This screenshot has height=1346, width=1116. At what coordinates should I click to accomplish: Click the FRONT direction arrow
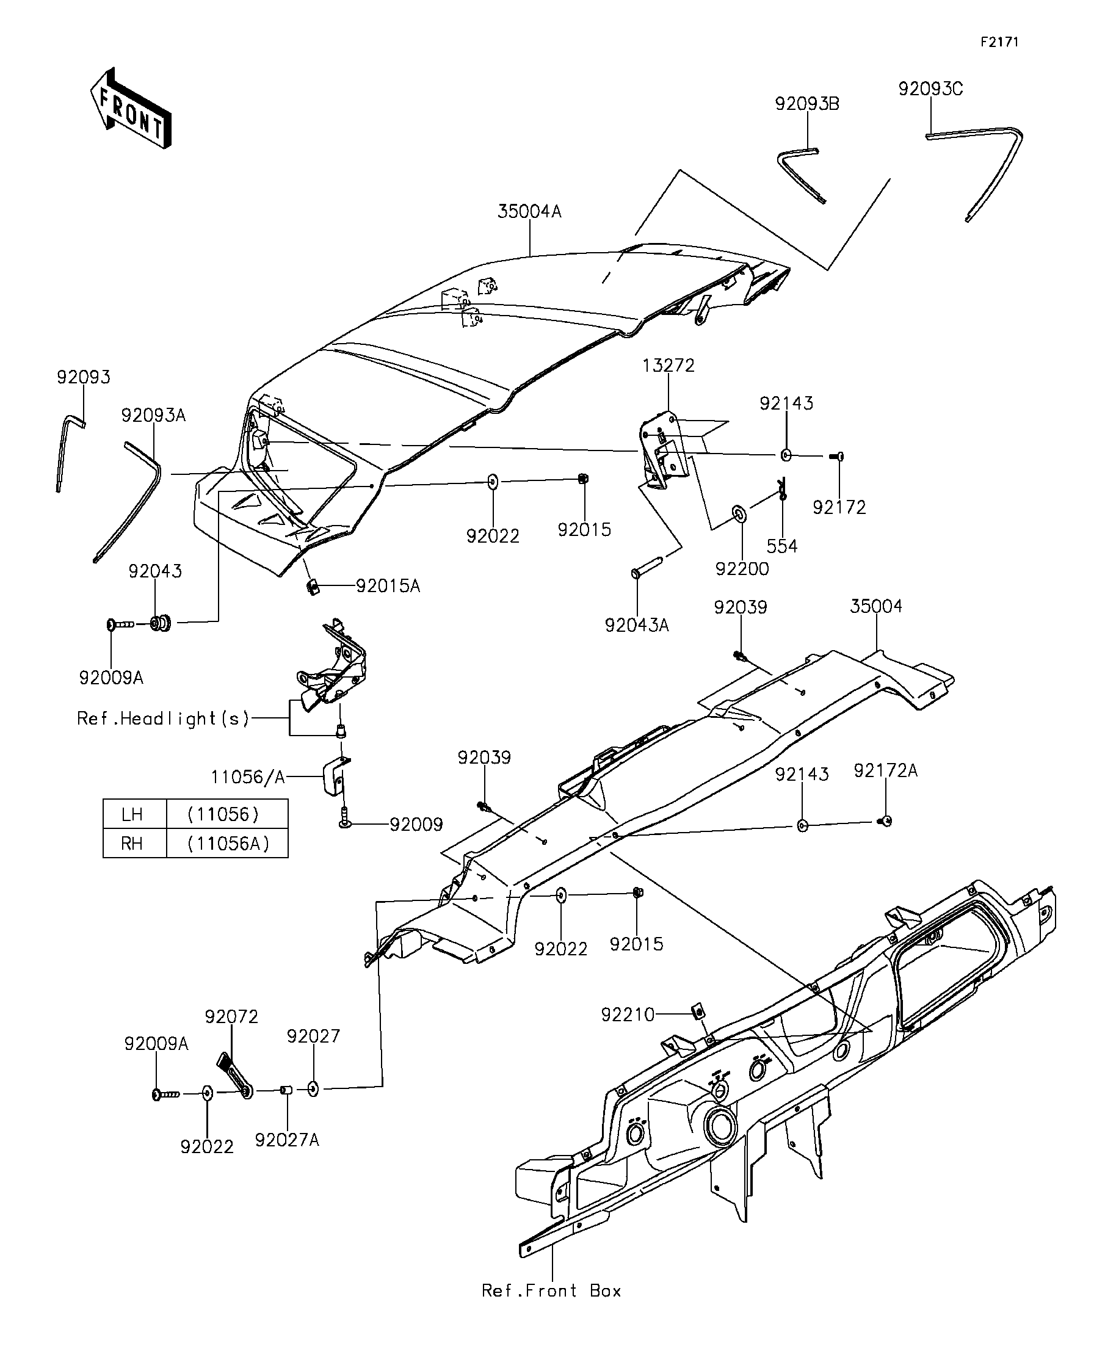click(x=131, y=108)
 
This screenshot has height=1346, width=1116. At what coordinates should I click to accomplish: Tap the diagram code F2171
click(x=999, y=42)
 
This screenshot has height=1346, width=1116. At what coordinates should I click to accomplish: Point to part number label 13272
click(x=669, y=364)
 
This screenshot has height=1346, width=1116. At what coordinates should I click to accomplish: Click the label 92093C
click(x=930, y=89)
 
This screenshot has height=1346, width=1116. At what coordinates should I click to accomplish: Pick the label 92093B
click(x=807, y=104)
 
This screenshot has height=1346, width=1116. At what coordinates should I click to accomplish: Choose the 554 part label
click(x=782, y=546)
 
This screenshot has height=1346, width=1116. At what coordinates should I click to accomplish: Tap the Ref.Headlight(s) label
click(x=163, y=718)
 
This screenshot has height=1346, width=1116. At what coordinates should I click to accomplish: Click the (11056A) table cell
click(x=228, y=843)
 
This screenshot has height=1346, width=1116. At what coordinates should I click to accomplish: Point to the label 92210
click(x=628, y=1015)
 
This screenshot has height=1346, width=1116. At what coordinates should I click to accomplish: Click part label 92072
click(x=231, y=1016)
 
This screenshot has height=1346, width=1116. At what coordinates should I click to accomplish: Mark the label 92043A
click(x=637, y=625)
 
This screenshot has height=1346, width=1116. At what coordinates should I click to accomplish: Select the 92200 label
click(x=742, y=568)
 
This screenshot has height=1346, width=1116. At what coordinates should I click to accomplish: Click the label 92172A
click(x=885, y=770)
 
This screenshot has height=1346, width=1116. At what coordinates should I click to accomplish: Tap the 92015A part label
click(x=388, y=586)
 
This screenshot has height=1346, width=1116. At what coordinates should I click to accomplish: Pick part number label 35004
click(x=875, y=606)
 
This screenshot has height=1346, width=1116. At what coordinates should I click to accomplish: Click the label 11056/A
click(x=248, y=778)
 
